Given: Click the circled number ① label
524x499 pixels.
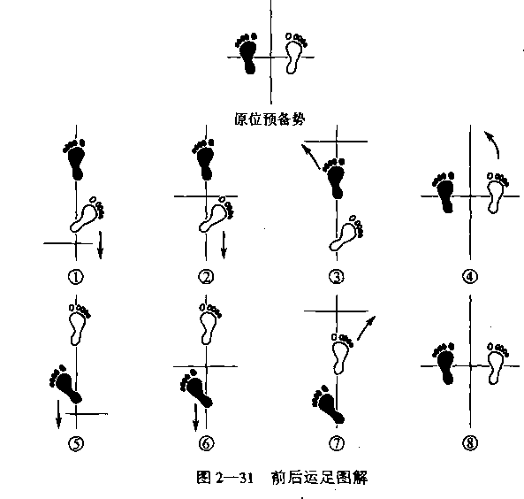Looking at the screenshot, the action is (x=76, y=277).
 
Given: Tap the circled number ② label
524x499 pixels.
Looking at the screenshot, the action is (x=206, y=277).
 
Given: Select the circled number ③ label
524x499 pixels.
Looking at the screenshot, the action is (x=337, y=277).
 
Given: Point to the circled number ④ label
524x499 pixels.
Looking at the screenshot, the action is (x=470, y=276).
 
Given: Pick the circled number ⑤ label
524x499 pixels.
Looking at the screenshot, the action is (x=76, y=443).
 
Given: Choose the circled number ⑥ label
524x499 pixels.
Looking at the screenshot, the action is (x=206, y=443).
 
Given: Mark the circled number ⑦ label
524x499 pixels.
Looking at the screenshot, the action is (x=337, y=443).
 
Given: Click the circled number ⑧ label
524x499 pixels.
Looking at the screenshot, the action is (x=470, y=443).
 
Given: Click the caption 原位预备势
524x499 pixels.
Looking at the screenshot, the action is (x=270, y=119).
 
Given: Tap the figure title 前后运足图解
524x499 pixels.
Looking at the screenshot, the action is (x=320, y=478).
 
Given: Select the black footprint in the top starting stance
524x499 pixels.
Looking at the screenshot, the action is (x=247, y=53).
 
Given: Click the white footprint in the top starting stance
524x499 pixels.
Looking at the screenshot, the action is (x=296, y=53).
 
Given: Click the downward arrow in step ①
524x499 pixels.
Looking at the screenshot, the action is (x=100, y=245).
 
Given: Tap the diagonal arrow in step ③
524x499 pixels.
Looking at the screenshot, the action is (x=310, y=157).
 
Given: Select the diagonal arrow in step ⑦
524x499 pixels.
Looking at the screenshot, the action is (x=366, y=327).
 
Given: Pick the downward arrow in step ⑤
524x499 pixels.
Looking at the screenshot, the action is (x=58, y=414).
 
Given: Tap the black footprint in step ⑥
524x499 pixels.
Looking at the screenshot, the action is (x=196, y=388).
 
